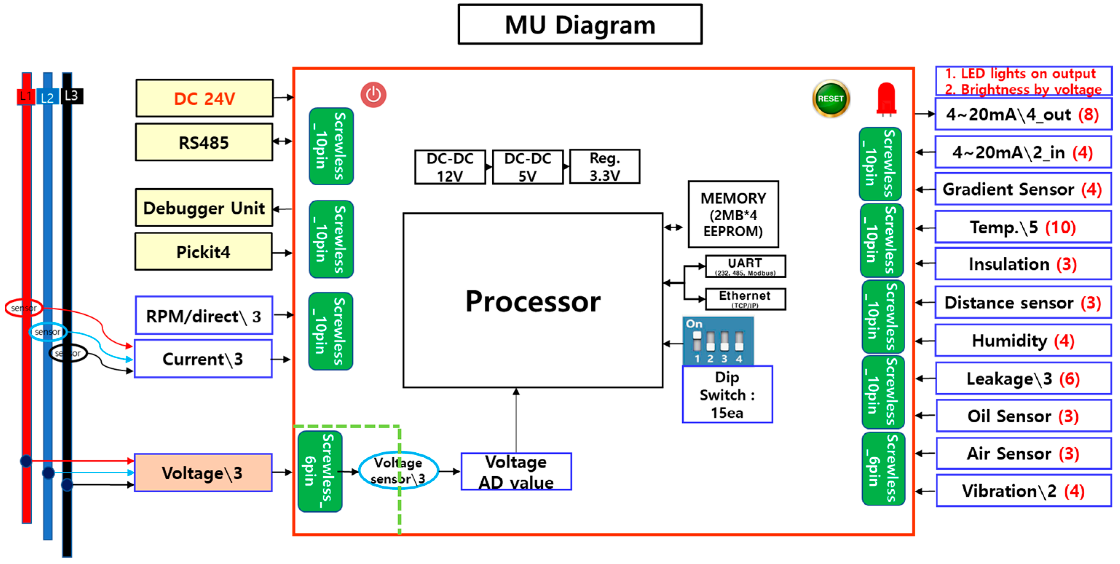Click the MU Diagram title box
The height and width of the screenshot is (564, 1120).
pyautogui.click(x=580, y=24)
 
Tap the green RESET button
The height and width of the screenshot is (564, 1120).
pyautogui.click(x=830, y=99)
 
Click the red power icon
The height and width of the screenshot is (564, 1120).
pyautogui.click(x=373, y=95)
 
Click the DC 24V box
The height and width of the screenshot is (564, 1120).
pyautogui.click(x=204, y=98)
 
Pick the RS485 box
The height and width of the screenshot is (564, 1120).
pyautogui.click(x=204, y=142)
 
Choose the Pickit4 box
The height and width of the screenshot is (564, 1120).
pyautogui.click(x=204, y=252)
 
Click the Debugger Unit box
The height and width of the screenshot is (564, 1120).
pyautogui.click(x=204, y=208)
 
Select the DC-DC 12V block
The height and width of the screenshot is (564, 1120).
pyautogui.click(x=450, y=167)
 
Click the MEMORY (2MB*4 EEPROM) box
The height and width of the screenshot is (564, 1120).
pyautogui.click(x=733, y=214)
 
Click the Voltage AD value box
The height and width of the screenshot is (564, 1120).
pyautogui.click(x=516, y=472)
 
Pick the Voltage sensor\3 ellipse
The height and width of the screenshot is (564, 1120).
pyautogui.click(x=398, y=470)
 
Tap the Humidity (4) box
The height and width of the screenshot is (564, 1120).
pyautogui.click(x=1023, y=340)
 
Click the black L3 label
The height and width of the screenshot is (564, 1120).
pyautogui.click(x=72, y=96)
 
